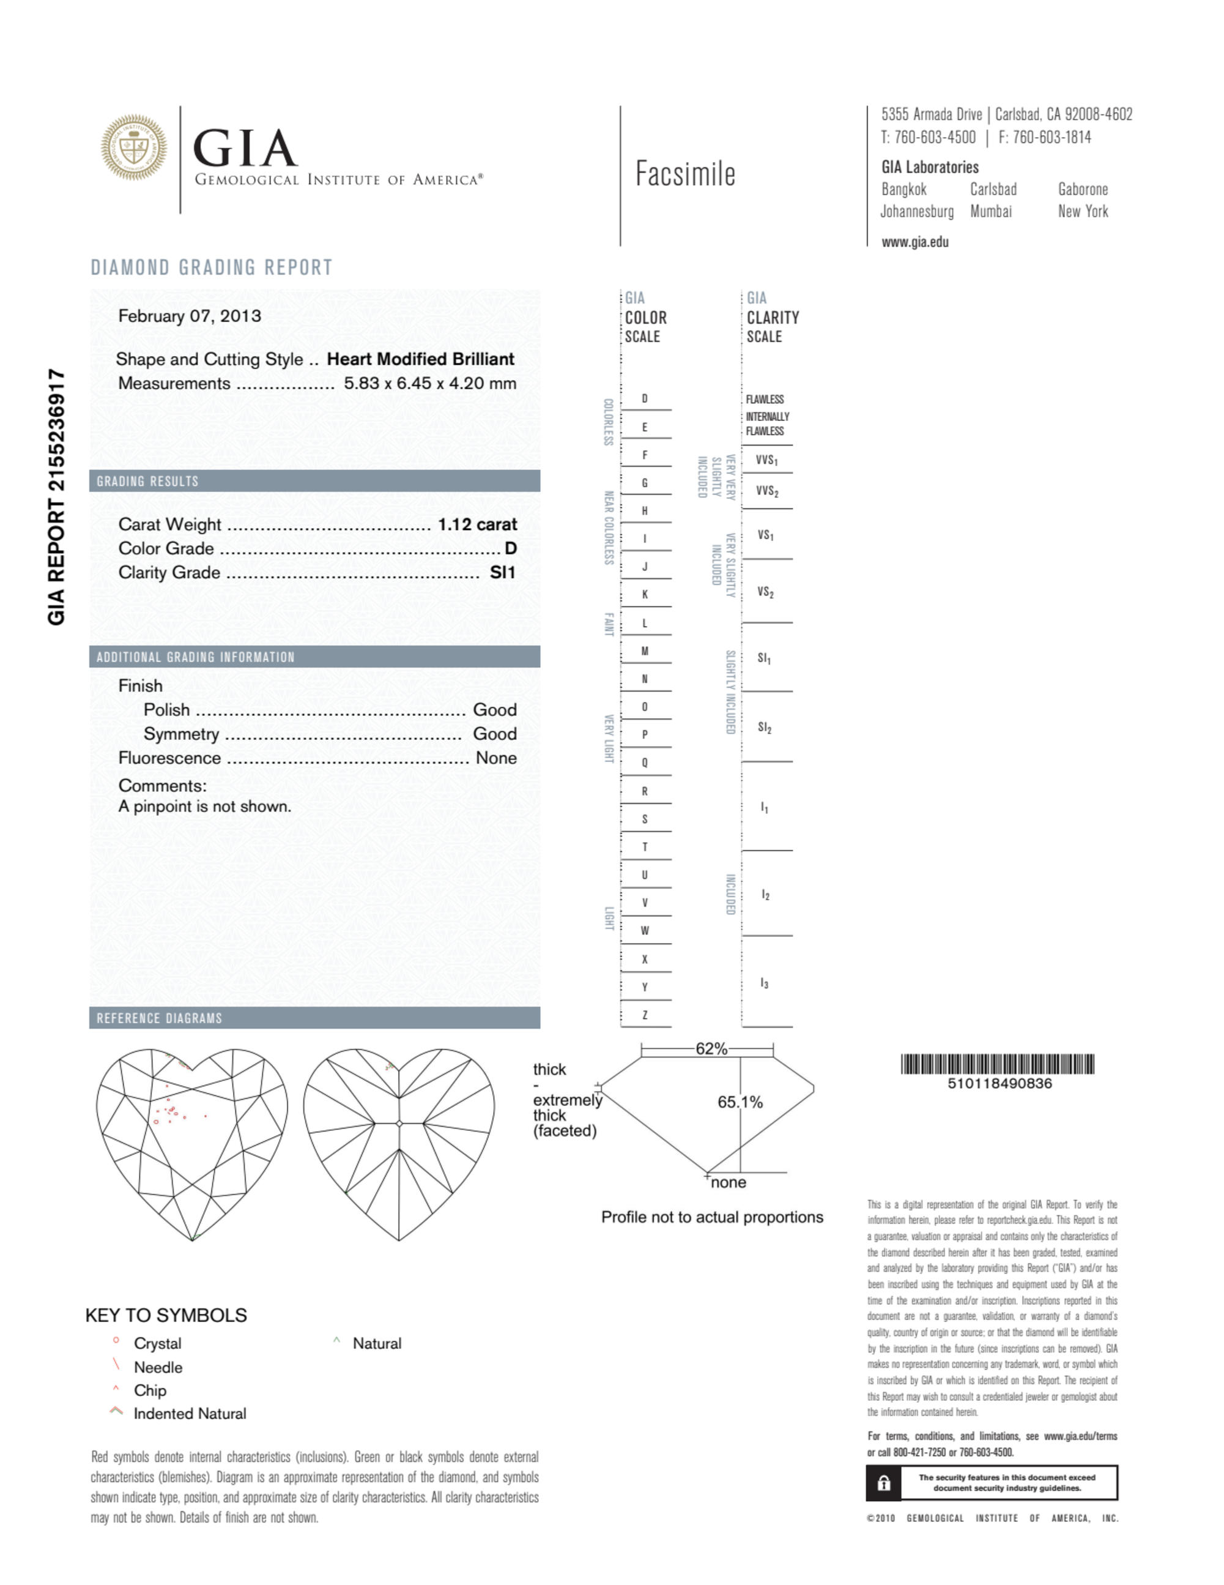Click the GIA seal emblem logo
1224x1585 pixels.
point(133,147)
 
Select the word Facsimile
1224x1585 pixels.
point(685,174)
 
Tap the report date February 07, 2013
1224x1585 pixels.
point(190,316)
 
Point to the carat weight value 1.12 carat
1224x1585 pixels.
point(477,524)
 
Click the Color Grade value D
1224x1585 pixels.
point(511,549)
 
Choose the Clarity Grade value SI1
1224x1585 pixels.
point(503,573)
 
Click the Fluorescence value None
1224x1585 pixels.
point(496,758)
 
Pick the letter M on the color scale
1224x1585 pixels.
point(644,652)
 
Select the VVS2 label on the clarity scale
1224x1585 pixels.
point(767,491)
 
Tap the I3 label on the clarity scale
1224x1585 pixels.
point(765,983)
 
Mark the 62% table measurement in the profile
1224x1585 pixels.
point(711,1049)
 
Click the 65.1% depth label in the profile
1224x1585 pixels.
point(740,1102)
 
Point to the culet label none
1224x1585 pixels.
point(729,1183)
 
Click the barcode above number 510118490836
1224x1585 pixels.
point(998,1064)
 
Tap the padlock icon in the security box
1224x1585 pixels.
point(884,1483)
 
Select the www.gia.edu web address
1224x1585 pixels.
point(915,242)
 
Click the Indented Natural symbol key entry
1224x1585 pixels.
point(190,1414)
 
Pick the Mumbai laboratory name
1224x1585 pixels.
point(991,212)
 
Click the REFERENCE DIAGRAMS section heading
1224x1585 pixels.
point(160,1018)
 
